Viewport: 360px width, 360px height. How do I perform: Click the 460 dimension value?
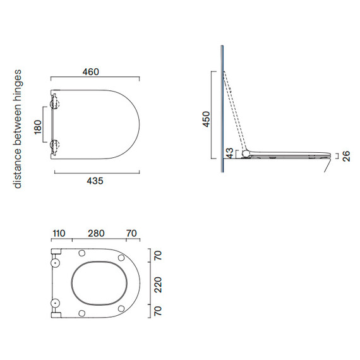tap(91, 72)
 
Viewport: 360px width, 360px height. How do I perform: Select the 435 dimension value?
tap(95, 181)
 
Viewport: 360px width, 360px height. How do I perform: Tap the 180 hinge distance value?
tap(38, 127)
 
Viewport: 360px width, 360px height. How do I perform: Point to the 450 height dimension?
tap(206, 119)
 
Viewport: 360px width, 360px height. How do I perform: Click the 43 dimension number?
tap(230, 153)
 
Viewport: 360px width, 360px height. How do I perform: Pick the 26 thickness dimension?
tap(346, 156)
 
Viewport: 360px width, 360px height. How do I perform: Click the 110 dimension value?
tap(59, 233)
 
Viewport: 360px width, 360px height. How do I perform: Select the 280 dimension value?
tap(96, 233)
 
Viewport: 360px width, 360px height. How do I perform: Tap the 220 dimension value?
tap(158, 285)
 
